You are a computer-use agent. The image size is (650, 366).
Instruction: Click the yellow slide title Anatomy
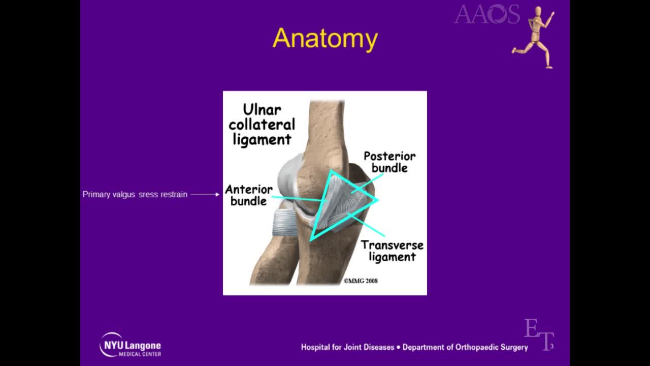tap(325, 39)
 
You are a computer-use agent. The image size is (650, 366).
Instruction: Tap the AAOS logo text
tap(486, 14)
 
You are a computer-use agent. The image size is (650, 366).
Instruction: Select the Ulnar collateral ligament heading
tap(262, 125)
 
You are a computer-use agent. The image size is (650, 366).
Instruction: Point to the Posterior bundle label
tap(389, 162)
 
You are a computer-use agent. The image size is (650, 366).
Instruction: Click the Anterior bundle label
tap(249, 195)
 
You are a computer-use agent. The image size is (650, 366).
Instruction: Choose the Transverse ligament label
tap(392, 251)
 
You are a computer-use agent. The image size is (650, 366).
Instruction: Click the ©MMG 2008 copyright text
tap(361, 281)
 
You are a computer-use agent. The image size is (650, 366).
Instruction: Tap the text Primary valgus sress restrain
tap(135, 194)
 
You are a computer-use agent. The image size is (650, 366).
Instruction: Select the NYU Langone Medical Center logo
tap(130, 345)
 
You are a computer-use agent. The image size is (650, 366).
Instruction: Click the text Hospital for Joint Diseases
tap(347, 347)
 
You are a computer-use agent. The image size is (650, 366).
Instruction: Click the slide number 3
tap(551, 347)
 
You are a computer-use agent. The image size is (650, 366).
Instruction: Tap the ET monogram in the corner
tap(538, 333)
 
